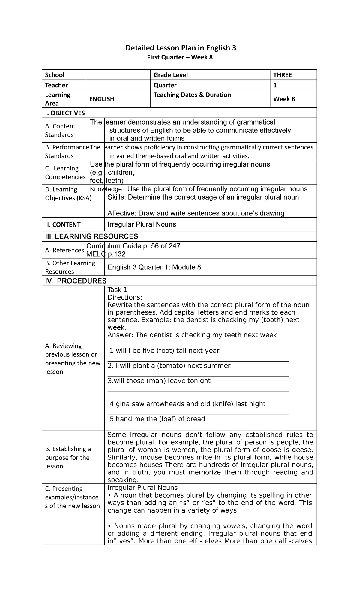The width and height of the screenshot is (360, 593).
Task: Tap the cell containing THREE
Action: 282,75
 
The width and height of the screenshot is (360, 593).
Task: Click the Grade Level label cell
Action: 171,75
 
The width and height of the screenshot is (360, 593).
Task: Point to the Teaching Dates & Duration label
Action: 192,95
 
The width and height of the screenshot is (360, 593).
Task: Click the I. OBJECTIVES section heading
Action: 65,113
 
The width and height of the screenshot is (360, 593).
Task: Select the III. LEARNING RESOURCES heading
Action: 91,236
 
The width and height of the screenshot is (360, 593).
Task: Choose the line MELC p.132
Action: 106,254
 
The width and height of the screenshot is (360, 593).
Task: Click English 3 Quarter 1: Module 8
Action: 154,267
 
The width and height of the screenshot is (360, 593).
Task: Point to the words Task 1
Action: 117,290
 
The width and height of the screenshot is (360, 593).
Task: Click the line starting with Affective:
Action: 196,213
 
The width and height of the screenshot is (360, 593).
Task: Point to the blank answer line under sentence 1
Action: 198,361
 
